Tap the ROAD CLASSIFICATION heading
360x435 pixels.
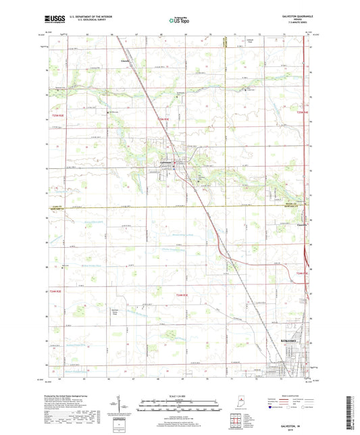(x=310, y=396)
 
